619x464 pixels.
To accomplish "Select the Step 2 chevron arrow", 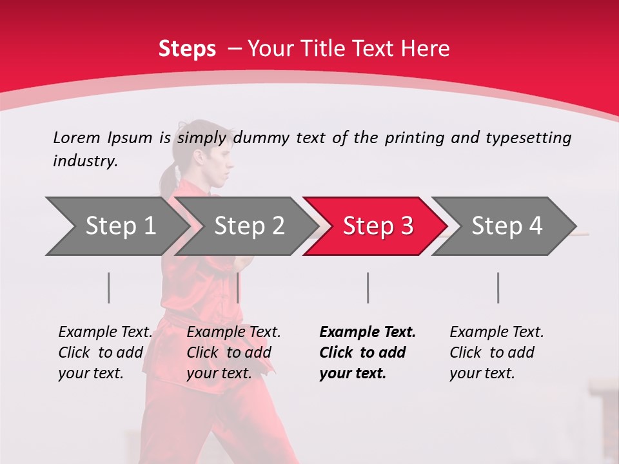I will click(249, 226).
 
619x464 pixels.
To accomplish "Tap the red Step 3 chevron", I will click(378, 226).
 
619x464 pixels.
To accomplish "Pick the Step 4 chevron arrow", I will click(507, 226).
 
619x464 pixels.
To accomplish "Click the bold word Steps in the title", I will click(187, 49).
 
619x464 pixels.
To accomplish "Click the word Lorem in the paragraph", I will click(76, 138).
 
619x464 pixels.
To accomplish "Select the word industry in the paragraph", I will click(84, 161).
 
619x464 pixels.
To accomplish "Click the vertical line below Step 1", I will click(109, 287).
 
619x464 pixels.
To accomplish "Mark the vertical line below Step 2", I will click(238, 287).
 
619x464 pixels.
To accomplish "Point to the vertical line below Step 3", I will click(368, 287).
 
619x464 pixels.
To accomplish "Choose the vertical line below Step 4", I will click(498, 287).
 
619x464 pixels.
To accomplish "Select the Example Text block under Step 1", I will click(105, 353).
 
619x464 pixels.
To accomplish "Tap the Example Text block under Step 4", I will click(496, 353).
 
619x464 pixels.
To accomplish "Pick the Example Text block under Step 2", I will click(233, 353).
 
